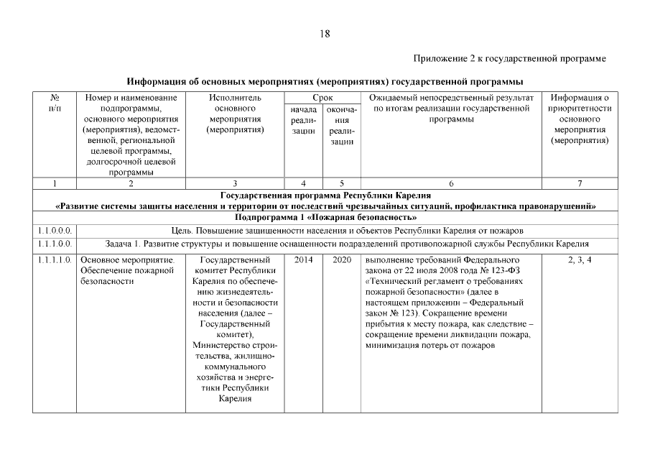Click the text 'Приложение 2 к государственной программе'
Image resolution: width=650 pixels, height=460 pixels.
pos(510,57)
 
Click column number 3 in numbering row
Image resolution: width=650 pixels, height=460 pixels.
pos(235,183)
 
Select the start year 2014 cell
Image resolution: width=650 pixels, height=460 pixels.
pos(303,259)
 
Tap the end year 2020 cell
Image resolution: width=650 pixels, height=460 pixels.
pos(341,259)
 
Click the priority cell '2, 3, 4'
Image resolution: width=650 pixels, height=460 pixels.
pos(580,259)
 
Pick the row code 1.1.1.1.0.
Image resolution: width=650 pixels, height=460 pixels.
pos(55,259)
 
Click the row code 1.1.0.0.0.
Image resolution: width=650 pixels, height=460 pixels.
pos(55,230)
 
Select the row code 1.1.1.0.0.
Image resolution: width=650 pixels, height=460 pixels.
pos(55,243)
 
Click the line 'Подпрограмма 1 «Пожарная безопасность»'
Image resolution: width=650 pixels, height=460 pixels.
pos(325,217)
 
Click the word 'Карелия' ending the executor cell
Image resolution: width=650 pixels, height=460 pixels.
pos(235,400)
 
